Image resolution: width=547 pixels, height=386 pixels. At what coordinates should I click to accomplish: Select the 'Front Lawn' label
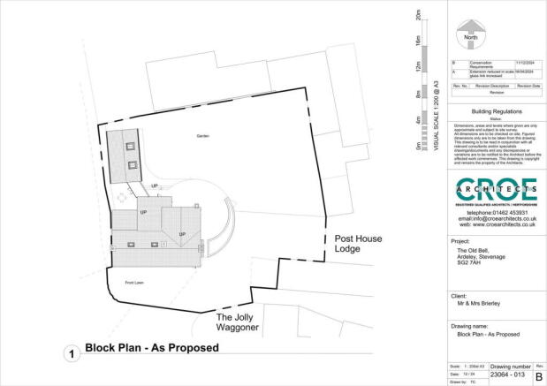point(133,284)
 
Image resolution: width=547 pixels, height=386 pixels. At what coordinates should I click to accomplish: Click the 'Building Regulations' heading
point(495,112)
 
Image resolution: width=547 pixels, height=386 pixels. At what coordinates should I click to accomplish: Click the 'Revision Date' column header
point(528,85)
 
